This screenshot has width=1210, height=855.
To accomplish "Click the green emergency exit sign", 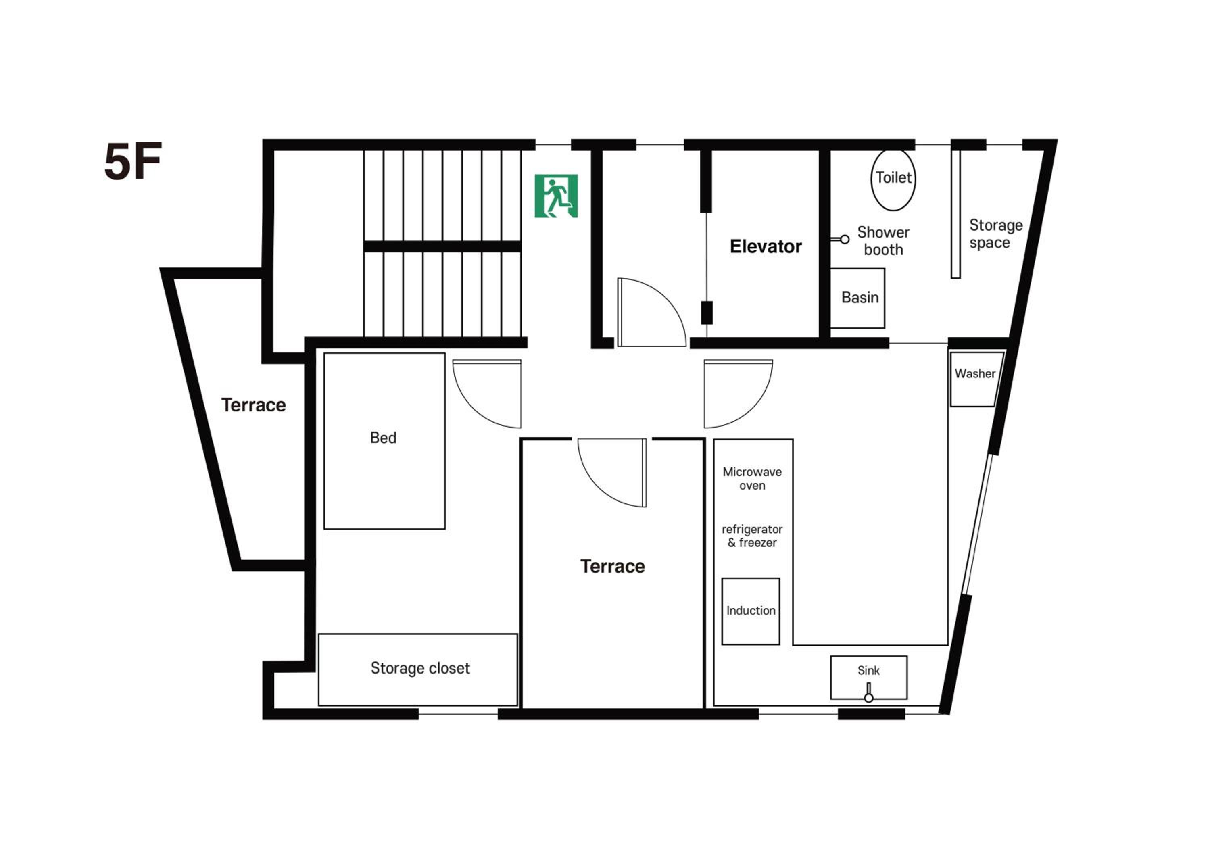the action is click(556, 196).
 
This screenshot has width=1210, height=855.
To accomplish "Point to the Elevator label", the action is click(766, 246).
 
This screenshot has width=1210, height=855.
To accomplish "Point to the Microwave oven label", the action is click(752, 478).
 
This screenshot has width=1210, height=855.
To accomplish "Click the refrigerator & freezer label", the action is click(752, 536).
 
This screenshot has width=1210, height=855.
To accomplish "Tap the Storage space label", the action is click(995, 234).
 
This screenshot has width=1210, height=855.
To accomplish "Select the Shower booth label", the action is click(883, 241).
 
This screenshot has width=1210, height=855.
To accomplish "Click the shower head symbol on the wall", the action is click(841, 239).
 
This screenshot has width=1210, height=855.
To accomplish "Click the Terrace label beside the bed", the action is click(253, 405).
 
